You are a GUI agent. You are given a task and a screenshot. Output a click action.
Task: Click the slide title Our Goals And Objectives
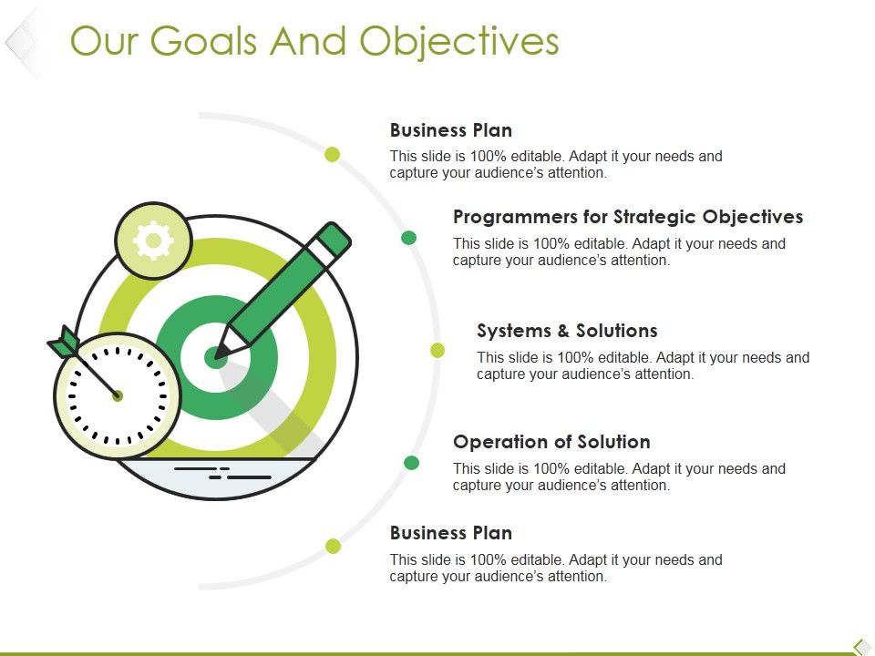tap(314, 42)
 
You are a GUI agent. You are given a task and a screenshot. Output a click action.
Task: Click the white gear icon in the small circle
tap(153, 241)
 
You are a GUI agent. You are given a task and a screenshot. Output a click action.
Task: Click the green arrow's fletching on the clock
tap(63, 343)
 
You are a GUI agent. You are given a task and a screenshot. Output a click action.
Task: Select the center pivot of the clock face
tap(118, 395)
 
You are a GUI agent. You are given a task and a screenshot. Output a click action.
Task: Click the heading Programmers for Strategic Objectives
tap(628, 217)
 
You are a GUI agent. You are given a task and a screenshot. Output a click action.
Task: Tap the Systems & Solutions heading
tap(567, 331)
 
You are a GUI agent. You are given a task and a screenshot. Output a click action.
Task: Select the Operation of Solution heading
tap(551, 442)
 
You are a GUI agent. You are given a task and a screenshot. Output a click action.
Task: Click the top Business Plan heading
tap(450, 130)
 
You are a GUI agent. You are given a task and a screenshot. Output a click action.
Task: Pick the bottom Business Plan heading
tap(450, 533)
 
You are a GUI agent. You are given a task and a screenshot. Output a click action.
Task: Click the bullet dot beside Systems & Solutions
tap(437, 350)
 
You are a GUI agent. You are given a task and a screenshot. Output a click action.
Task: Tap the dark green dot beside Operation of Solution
tap(411, 463)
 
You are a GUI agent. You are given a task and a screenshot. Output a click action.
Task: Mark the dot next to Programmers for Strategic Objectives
tap(409, 238)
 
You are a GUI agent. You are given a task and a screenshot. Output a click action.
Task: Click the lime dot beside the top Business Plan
tap(333, 154)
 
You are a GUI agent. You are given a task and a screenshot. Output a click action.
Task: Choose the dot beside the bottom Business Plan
tap(334, 546)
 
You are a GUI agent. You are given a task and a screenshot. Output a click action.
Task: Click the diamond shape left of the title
tap(22, 41)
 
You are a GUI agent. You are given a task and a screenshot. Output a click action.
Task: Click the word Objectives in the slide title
tap(458, 42)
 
